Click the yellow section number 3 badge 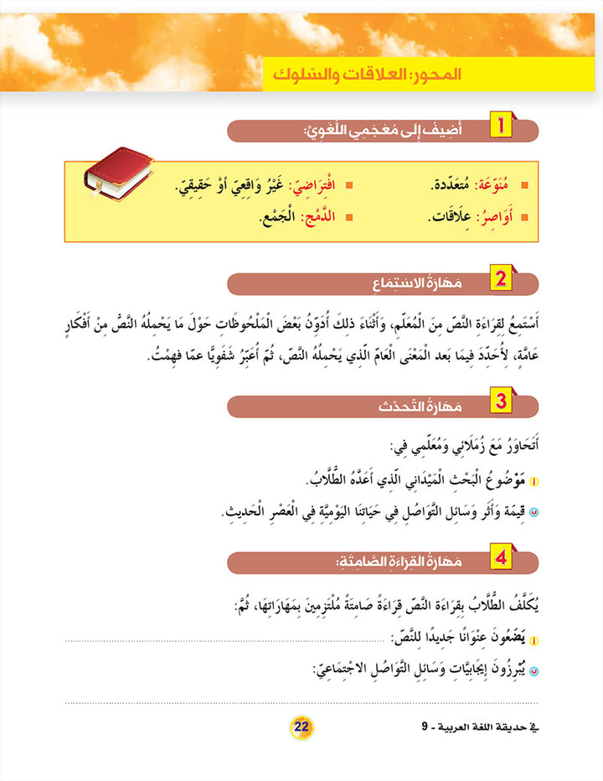[x=500, y=403]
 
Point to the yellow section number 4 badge [x=500, y=556]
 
